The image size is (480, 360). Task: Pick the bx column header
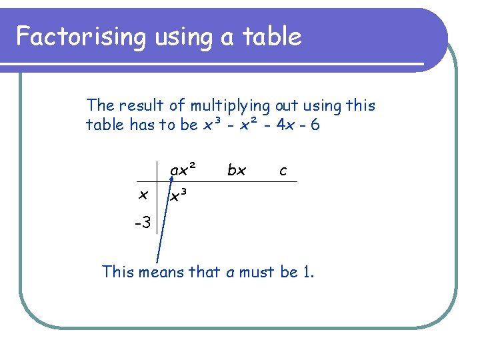[236, 170]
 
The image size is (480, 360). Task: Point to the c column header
[283, 171]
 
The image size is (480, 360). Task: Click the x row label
[142, 195]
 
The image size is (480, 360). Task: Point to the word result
[147, 105]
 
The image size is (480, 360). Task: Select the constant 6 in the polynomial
[315, 125]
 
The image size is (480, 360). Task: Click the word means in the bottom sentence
[166, 272]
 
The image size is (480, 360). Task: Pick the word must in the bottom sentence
[253, 272]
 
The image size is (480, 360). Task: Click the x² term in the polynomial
[247, 125]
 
